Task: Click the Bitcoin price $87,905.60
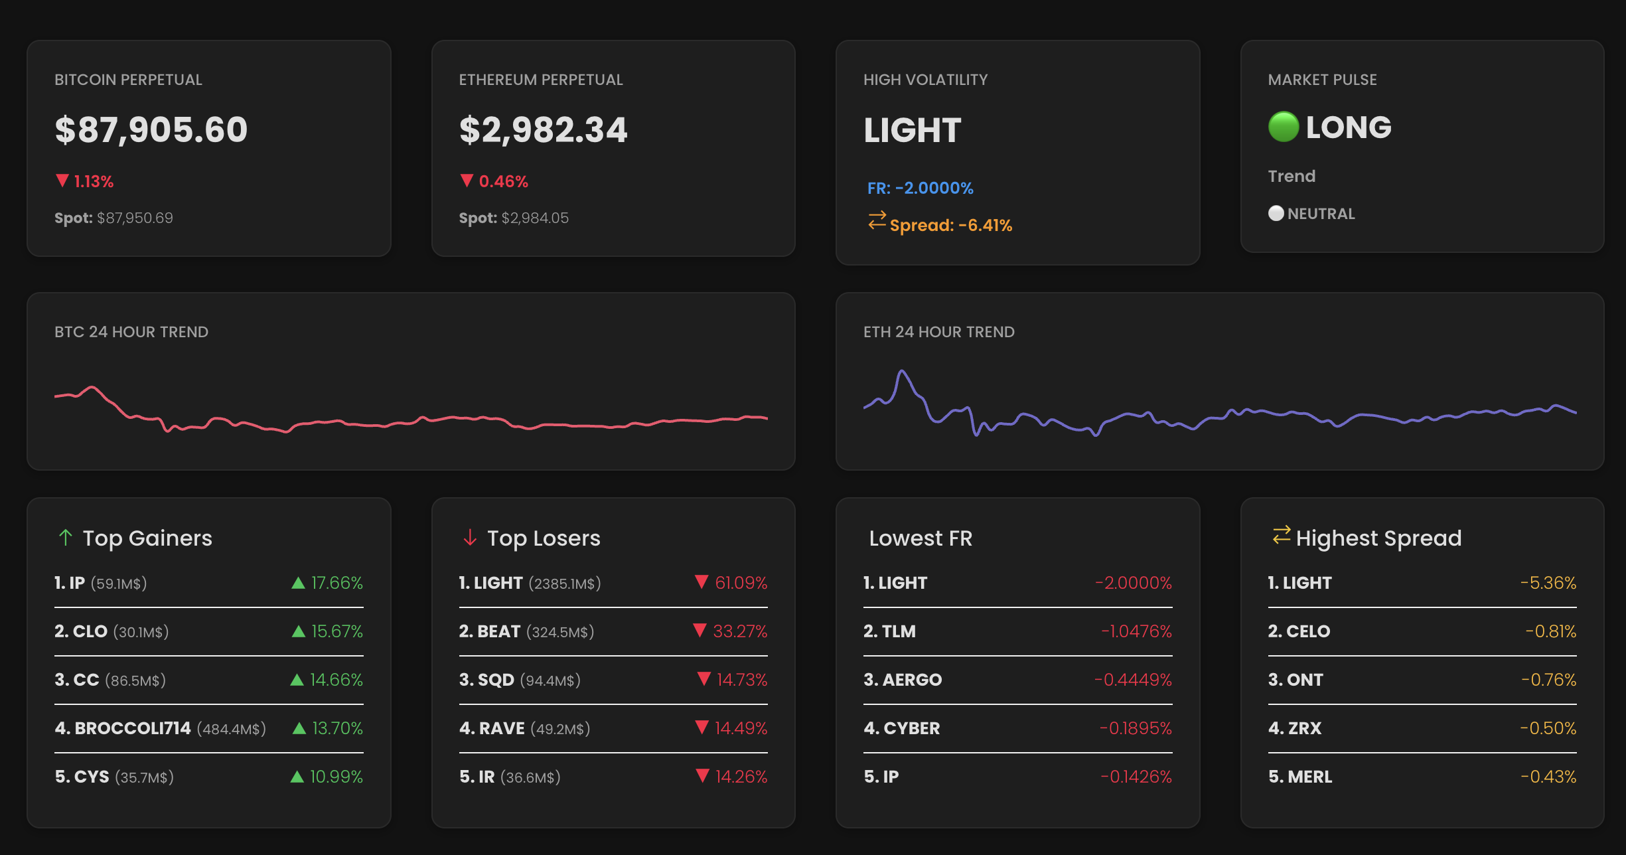[151, 129]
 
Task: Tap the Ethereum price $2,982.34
[543, 129]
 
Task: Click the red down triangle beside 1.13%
[62, 181]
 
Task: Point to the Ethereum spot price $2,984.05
[535, 218]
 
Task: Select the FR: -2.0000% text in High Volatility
[920, 188]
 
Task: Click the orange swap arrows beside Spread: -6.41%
[877, 220]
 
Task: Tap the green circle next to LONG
[1283, 127]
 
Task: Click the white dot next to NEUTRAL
[1276, 213]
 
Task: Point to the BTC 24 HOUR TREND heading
[131, 332]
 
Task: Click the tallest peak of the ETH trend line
[902, 372]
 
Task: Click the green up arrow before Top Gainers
[65, 537]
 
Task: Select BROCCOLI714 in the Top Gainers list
[133, 728]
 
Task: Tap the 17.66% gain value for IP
[336, 583]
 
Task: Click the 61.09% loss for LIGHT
[741, 583]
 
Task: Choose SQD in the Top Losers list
[496, 680]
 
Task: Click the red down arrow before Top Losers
[470, 537]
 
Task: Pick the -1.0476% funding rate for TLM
[1136, 631]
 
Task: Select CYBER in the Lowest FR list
[911, 728]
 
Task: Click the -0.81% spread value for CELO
[1550, 631]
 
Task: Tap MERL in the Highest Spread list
[1309, 777]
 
